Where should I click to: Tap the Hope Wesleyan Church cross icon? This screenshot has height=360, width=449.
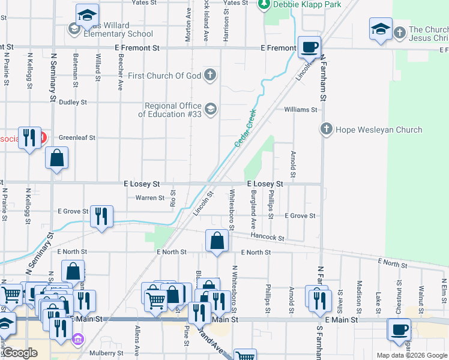(x=326, y=129)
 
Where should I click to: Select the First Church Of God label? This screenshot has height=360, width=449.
(x=165, y=76)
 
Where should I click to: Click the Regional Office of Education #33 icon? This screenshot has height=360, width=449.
(x=210, y=109)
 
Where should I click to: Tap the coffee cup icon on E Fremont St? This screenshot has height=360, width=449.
(x=309, y=47)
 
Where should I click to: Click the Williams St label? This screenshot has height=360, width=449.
(x=300, y=110)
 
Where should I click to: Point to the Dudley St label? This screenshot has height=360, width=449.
(x=73, y=102)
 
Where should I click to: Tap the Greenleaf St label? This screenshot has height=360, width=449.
(x=77, y=137)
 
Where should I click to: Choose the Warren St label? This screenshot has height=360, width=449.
(x=149, y=197)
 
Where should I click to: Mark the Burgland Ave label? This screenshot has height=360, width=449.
(x=254, y=205)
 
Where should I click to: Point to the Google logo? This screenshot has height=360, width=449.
(x=19, y=353)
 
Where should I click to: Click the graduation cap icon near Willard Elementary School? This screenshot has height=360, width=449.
(x=87, y=16)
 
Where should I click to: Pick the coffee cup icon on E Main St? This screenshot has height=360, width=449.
(x=399, y=329)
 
